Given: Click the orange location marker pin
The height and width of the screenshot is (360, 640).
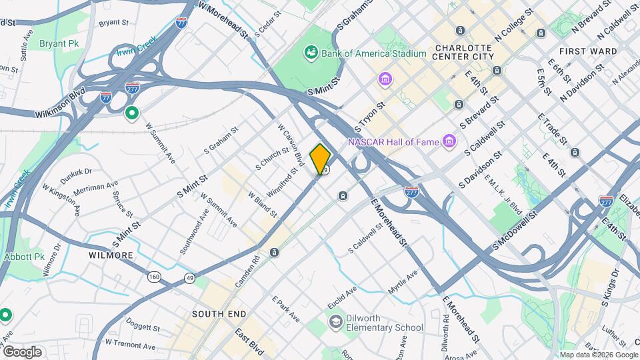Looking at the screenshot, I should point(320,159).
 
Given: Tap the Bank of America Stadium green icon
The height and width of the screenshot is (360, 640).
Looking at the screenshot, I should point(310,52).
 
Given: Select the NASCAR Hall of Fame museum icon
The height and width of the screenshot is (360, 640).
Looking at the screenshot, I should point(450,141).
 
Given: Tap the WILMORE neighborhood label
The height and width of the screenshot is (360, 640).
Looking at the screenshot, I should point(111,255).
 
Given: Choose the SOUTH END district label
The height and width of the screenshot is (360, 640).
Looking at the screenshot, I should point(219,313).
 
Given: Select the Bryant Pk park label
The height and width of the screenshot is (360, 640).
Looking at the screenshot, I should point(58,43).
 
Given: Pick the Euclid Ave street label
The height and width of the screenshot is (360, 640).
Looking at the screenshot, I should point(342,298).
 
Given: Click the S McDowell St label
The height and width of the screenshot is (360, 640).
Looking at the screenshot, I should point(514,233).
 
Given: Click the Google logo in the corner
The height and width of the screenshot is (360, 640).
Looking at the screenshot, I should point(22,351).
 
